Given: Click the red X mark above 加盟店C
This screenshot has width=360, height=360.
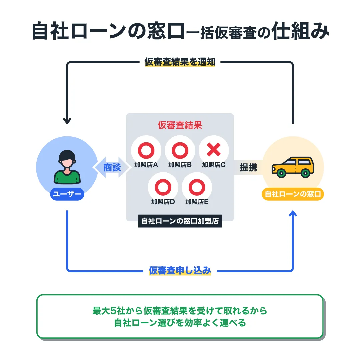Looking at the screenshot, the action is coord(214,149).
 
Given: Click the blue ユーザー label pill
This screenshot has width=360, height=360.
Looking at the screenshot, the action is coord(67,194).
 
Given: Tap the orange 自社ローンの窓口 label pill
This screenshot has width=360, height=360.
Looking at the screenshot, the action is coord(293,194).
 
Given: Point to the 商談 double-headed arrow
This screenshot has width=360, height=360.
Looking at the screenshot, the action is coord(112,167).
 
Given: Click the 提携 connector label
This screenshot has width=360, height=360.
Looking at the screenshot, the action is coord(248,167).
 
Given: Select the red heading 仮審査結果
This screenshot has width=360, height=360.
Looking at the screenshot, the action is coord(180,125).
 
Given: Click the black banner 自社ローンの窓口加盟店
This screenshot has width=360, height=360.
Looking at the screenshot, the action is coord(180,221).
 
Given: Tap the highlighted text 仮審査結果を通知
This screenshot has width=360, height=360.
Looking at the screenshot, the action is coord(180,62).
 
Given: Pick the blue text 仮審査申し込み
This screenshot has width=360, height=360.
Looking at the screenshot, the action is coord(180,270).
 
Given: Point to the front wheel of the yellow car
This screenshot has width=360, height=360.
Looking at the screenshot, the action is coord(281,173).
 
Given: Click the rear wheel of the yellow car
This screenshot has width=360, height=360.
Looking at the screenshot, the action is coord(305,173).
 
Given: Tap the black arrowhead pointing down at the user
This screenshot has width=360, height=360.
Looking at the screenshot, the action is coord(67,121).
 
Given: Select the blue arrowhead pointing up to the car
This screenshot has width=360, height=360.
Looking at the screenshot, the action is coord(293,214).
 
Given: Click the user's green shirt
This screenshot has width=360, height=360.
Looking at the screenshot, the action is coord(67,177).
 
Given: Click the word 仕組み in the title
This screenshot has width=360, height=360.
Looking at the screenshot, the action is coord(300,31).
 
